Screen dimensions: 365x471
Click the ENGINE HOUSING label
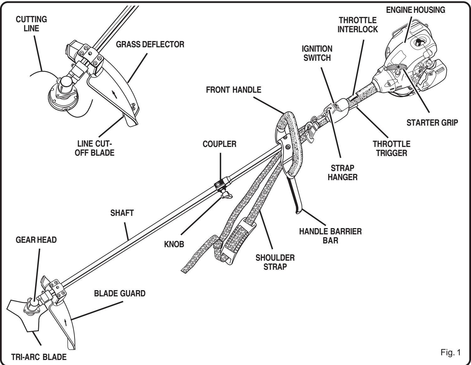[415, 10]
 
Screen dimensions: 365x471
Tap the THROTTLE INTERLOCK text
[358, 25]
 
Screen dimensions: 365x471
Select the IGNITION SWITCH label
[317, 53]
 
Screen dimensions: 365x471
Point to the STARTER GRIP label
[432, 123]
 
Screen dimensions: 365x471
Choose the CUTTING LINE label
[31, 24]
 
